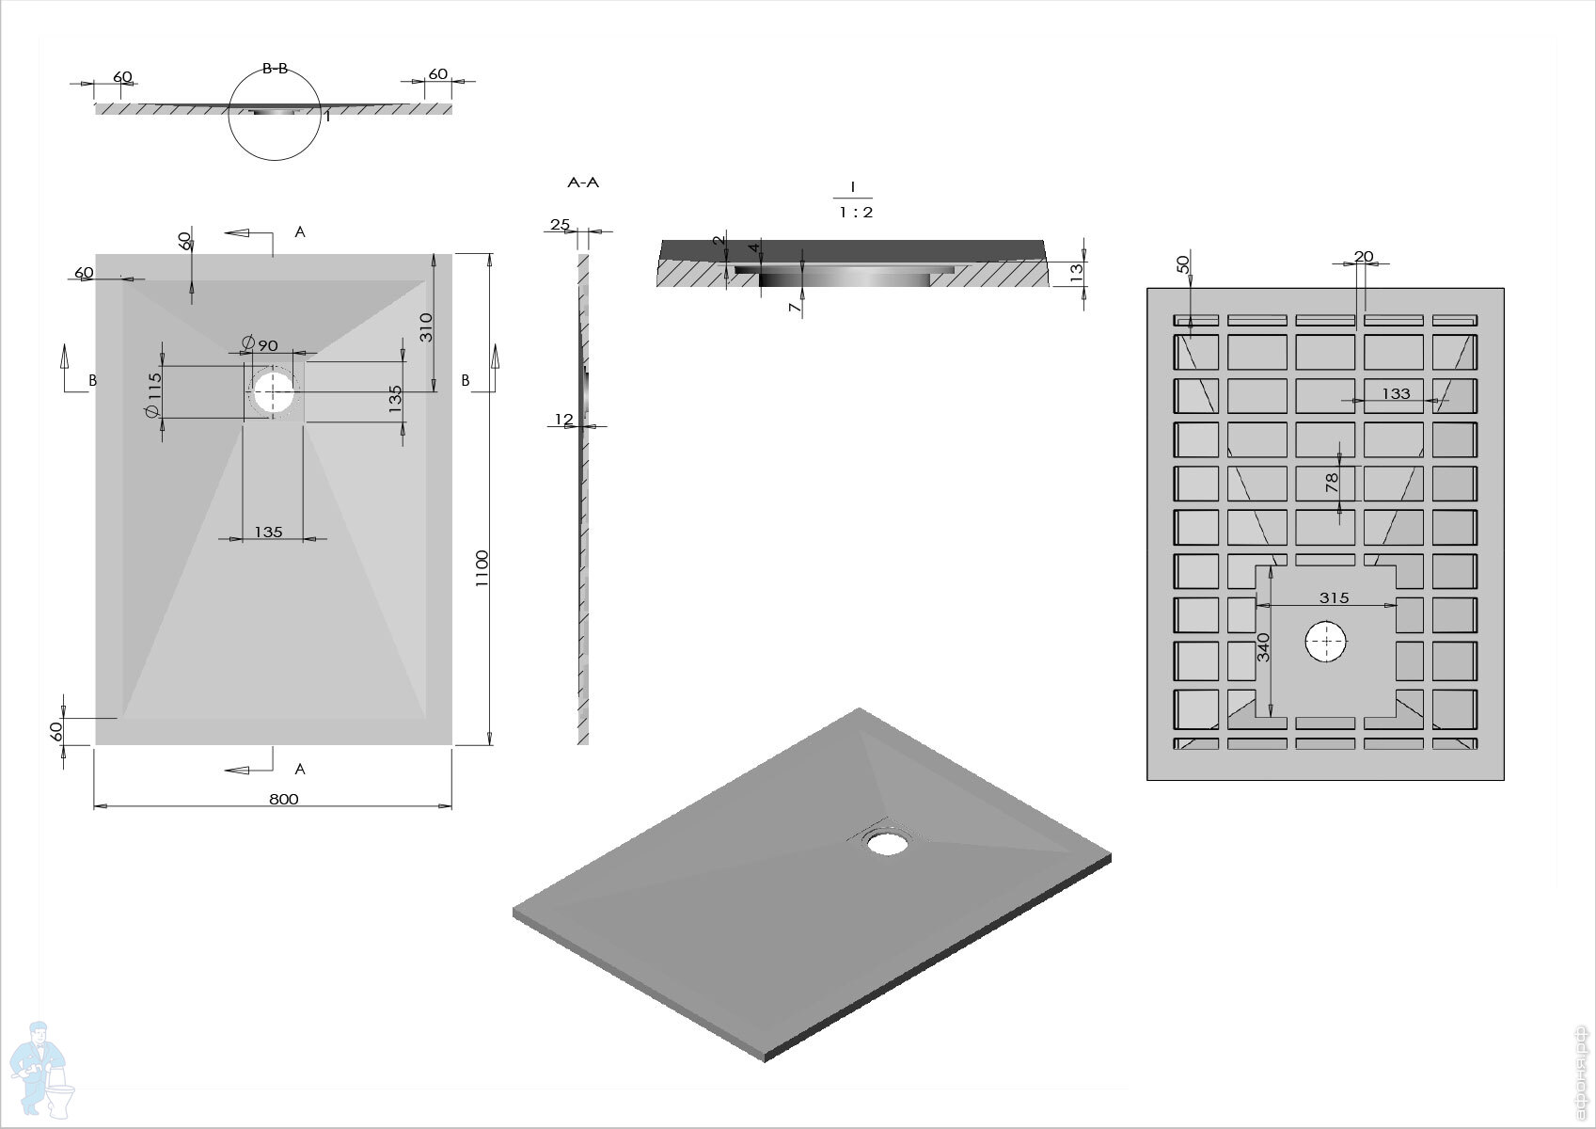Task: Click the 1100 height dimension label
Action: (x=482, y=568)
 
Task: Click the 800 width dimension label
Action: (x=283, y=799)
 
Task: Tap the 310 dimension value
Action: (x=425, y=326)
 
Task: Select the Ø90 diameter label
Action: (x=260, y=344)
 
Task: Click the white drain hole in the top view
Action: (x=274, y=391)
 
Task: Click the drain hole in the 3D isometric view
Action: (x=886, y=841)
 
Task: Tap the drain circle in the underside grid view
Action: (x=1326, y=643)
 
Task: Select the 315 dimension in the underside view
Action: (x=1334, y=597)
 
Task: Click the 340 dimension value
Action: (x=1264, y=646)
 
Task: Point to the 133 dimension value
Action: (x=1396, y=393)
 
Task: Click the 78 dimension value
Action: (x=1332, y=483)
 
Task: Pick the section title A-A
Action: (x=583, y=183)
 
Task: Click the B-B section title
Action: (x=275, y=69)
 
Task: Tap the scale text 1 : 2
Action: (x=856, y=213)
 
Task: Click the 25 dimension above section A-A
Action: (x=561, y=224)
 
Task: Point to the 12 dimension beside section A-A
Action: (x=563, y=420)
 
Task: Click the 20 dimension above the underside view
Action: (x=1364, y=256)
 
